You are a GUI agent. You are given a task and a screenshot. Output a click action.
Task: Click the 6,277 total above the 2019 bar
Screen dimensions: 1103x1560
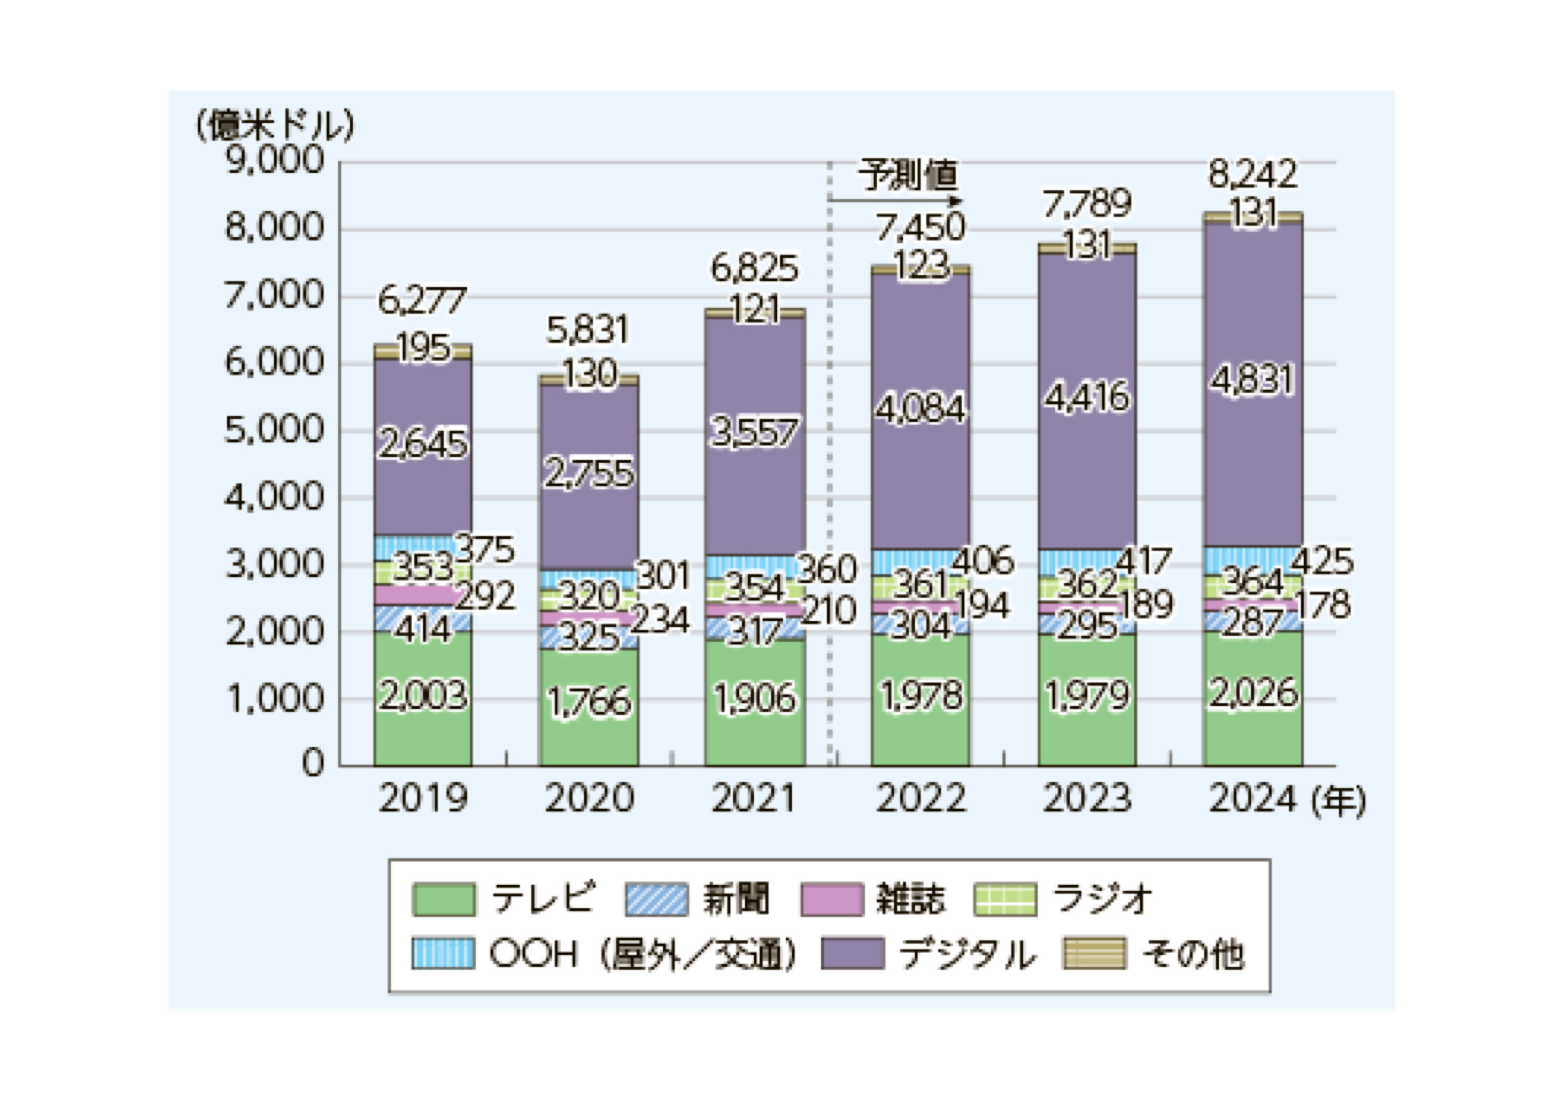pyautogui.click(x=421, y=300)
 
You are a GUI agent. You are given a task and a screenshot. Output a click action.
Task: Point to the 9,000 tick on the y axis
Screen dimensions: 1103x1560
pyautogui.click(x=275, y=161)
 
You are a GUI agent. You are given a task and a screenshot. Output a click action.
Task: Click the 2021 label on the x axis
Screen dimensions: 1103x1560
pyautogui.click(x=754, y=798)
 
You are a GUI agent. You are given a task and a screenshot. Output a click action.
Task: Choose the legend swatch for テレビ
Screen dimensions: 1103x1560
pyautogui.click(x=444, y=899)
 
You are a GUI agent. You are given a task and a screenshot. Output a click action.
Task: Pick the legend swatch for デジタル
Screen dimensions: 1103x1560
pyautogui.click(x=853, y=953)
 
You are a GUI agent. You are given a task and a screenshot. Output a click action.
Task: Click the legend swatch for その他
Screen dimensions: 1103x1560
pyautogui.click(x=1094, y=953)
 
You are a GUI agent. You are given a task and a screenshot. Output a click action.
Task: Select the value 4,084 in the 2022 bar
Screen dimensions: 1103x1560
pyautogui.click(x=920, y=409)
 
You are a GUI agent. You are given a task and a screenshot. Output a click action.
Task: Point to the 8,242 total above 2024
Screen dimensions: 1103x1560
pyautogui.click(x=1253, y=175)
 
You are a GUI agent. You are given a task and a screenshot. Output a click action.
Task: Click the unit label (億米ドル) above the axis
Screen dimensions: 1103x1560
pyautogui.click(x=275, y=125)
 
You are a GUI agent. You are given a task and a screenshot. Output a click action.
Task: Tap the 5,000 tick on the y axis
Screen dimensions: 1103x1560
pyautogui.click(x=275, y=430)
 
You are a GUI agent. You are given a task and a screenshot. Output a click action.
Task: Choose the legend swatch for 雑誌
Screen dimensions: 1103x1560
pyautogui.click(x=832, y=899)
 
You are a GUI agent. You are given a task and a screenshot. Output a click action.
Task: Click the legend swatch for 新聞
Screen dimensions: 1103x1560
pyautogui.click(x=656, y=899)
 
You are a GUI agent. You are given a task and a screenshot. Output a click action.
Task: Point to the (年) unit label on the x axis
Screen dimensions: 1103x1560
pyautogui.click(x=1338, y=802)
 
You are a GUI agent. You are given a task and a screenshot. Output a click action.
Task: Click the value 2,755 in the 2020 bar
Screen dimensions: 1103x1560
pyautogui.click(x=588, y=474)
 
